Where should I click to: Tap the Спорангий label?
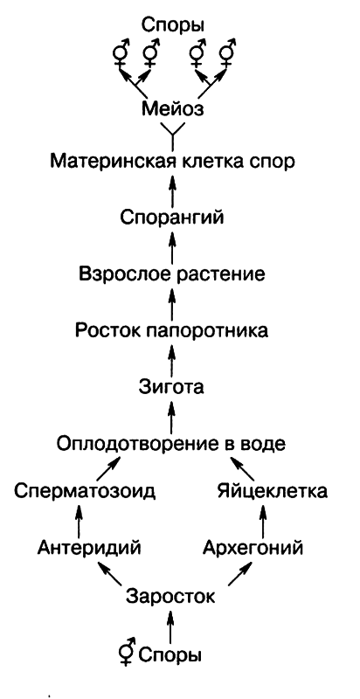click(172, 216)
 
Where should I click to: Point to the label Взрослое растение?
click(172, 273)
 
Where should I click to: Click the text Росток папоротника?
click(172, 330)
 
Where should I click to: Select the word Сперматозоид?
click(86, 493)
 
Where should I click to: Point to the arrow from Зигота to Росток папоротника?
click(172, 358)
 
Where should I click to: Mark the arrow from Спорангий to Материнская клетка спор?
click(172, 190)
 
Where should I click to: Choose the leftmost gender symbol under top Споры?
click(119, 57)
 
